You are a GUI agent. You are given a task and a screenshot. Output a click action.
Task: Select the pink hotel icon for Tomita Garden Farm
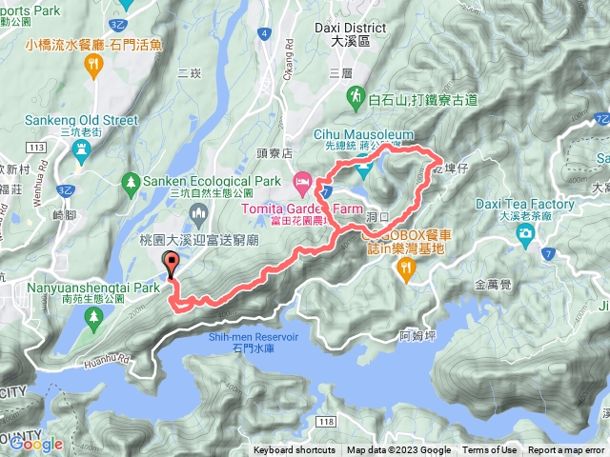pyautogui.click(x=301, y=179)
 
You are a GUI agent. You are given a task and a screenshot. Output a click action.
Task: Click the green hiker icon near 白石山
pyautogui.click(x=354, y=96)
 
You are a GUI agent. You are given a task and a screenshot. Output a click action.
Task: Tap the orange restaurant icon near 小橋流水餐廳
pyautogui.click(x=93, y=64)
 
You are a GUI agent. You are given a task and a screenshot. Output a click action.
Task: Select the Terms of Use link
pyautogui.click(x=489, y=450)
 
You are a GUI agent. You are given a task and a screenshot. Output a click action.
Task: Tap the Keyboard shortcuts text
pyautogui.click(x=295, y=450)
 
